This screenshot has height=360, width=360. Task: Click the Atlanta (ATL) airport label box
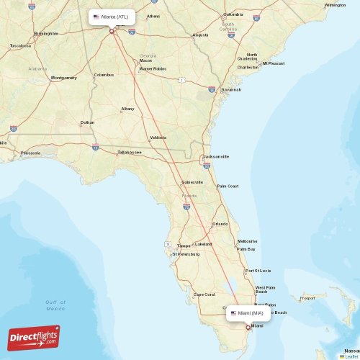point(112,16)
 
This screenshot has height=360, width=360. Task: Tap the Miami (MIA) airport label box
point(249,313)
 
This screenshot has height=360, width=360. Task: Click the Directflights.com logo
point(34,337)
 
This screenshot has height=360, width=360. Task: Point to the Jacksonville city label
point(216,156)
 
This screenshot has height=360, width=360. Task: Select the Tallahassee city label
point(130,152)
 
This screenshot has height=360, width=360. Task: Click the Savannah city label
point(230,89)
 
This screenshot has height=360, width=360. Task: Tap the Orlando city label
point(220,224)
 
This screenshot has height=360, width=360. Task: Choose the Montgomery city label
point(64,78)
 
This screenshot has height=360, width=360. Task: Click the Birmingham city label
point(45,33)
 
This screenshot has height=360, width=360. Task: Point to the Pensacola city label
point(31,153)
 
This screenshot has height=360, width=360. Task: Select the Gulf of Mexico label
point(55,305)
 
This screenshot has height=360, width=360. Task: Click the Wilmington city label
point(335,5)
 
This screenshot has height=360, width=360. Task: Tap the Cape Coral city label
point(204,294)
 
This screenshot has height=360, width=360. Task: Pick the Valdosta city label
point(158,137)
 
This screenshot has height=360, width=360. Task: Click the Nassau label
point(352,350)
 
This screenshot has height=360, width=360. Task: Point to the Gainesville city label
point(192,182)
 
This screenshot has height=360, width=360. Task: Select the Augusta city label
point(200,35)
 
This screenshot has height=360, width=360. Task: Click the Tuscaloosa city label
point(20,45)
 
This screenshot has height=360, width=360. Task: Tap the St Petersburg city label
point(186,253)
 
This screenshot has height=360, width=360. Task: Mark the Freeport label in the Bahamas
point(307,297)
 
